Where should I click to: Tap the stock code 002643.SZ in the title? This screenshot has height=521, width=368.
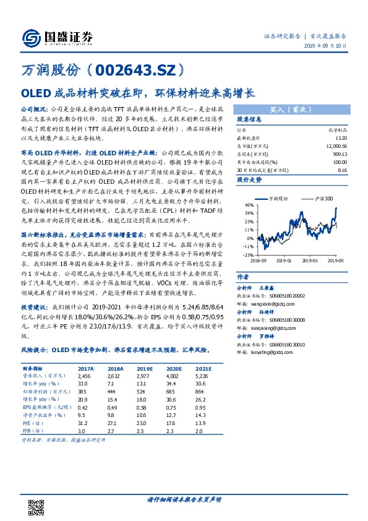pyautogui.click(x=145, y=72)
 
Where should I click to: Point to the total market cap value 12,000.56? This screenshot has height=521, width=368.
pyautogui.click(x=338, y=145)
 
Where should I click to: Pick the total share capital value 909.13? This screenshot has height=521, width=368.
pyautogui.click(x=341, y=152)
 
